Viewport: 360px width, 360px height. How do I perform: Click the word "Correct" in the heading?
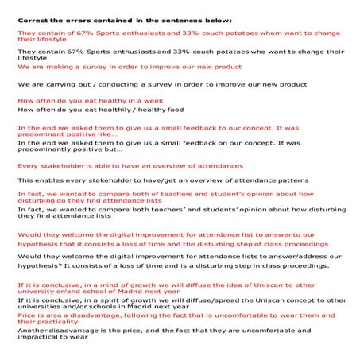[33, 17]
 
